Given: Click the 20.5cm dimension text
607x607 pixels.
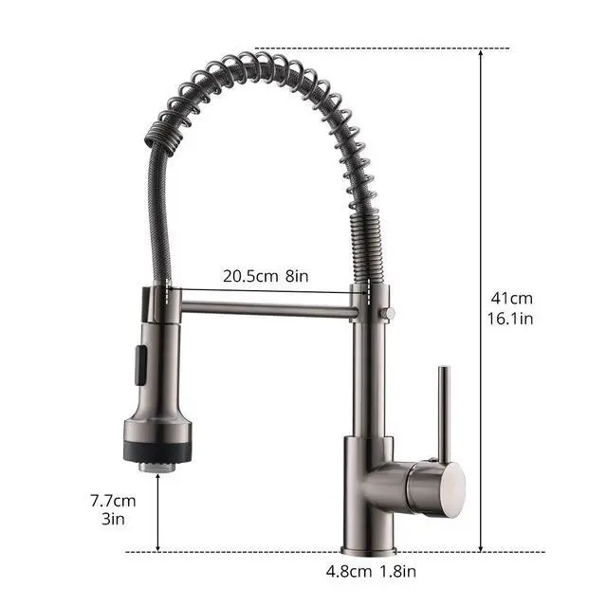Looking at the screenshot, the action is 250,276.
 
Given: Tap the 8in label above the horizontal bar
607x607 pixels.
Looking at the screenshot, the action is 297,276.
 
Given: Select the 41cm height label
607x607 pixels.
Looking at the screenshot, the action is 512,299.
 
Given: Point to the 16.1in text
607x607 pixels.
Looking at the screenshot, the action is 510,319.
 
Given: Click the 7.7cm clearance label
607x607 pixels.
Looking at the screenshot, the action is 113,501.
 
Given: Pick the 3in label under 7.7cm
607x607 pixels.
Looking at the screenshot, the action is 113,519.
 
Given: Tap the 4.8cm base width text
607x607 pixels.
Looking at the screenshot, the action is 348,571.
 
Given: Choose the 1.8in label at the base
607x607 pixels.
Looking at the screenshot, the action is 398,571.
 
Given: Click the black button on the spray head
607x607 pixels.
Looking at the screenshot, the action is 140,365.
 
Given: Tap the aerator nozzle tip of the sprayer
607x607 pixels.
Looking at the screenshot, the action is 157,467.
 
